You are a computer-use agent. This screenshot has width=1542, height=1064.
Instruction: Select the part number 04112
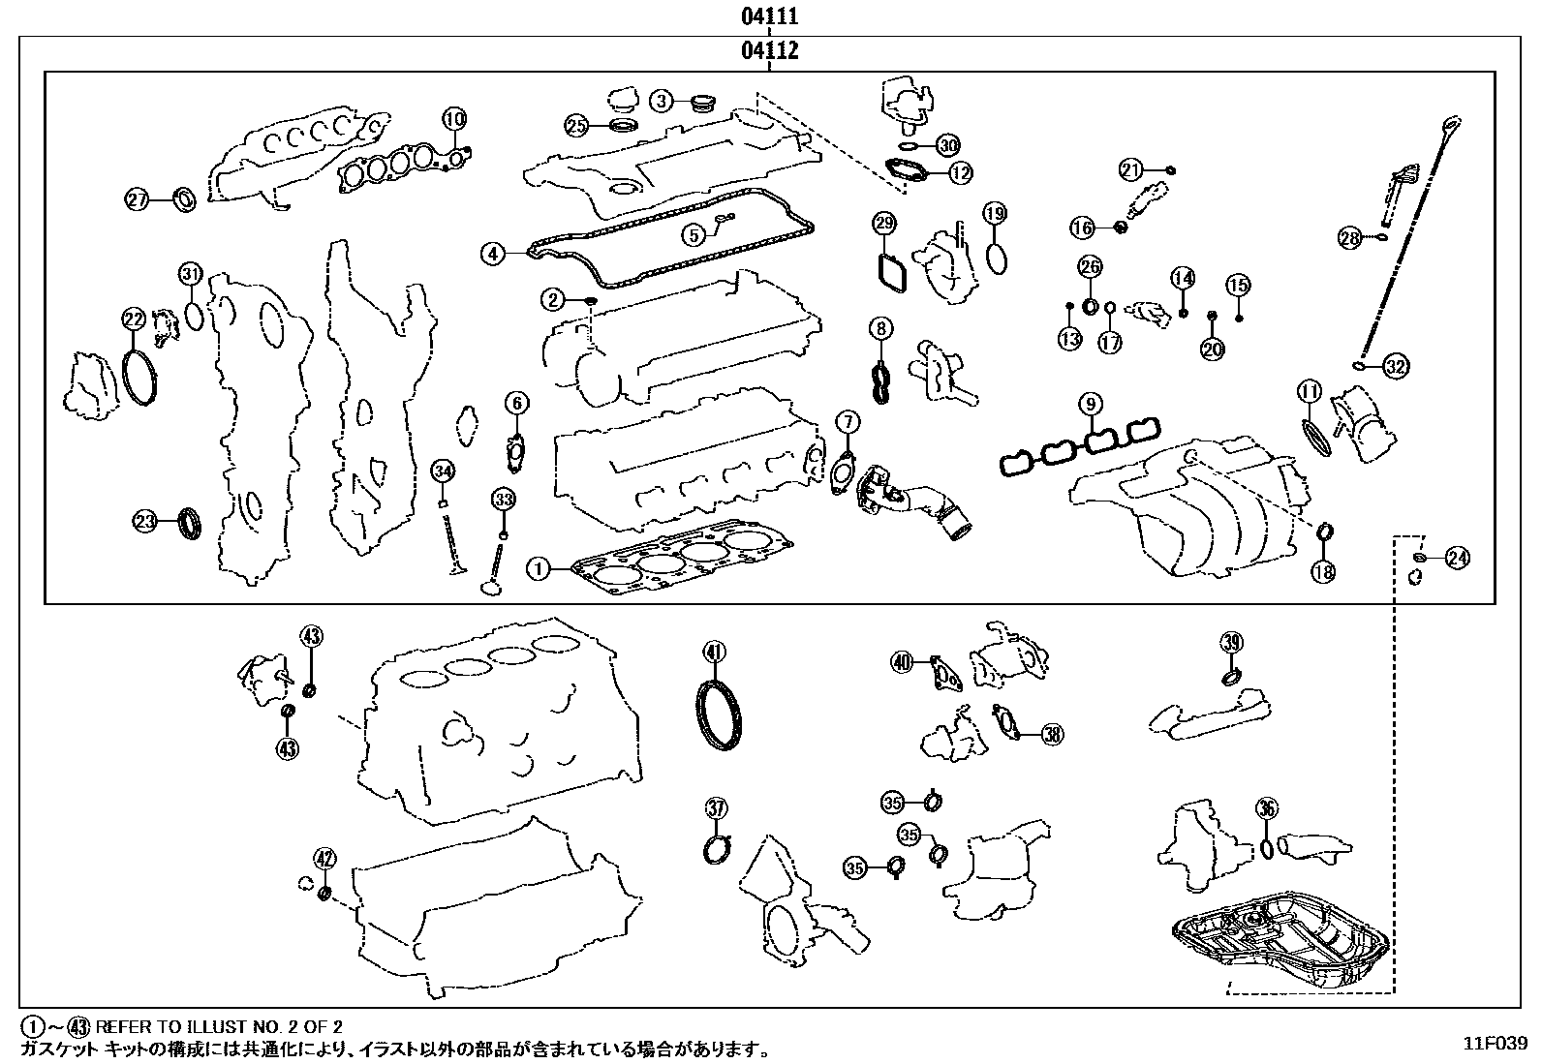(x=770, y=49)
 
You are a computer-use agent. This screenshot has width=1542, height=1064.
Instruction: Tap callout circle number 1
(x=538, y=568)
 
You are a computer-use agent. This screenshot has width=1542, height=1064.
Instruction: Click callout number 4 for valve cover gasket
(x=493, y=254)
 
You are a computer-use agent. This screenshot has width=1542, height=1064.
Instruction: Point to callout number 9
(x=1090, y=403)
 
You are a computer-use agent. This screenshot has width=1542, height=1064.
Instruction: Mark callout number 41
(x=714, y=652)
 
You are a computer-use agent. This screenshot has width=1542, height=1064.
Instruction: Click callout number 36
(x=1266, y=809)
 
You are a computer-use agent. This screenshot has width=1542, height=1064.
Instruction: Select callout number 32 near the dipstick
(x=1395, y=366)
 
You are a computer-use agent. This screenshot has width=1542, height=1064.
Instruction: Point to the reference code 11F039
(x=1495, y=1044)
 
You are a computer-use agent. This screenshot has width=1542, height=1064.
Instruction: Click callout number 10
(x=454, y=119)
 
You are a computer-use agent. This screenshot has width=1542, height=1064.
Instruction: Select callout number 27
(x=138, y=200)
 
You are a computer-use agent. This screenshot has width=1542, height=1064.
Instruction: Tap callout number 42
(x=324, y=857)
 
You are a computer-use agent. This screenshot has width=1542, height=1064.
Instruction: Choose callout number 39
(x=1231, y=641)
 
